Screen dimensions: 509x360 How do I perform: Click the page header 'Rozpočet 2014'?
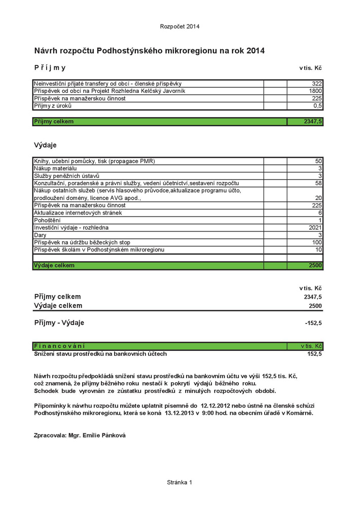point(179,26)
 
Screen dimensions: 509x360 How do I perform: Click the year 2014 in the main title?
point(255,51)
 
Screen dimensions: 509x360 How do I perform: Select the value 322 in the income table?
point(317,83)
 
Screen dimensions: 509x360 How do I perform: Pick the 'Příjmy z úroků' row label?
point(53,106)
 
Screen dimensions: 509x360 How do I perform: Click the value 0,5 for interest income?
point(318,106)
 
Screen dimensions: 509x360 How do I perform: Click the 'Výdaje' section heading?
point(45,145)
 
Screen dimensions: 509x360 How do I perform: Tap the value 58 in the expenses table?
point(318,183)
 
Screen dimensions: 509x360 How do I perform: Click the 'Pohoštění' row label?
point(47,221)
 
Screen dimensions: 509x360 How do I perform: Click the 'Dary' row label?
point(40,235)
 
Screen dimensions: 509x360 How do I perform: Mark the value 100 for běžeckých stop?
point(317,243)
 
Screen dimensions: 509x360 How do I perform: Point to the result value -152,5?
point(313,323)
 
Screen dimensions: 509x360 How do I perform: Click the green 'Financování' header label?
point(59,346)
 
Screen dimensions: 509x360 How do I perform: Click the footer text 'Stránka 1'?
point(179,482)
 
